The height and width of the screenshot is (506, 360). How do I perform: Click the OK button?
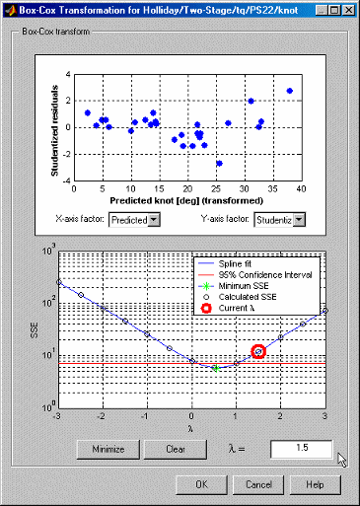point(201,485)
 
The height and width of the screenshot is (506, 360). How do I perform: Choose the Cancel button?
point(258,485)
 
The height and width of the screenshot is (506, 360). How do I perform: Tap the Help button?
point(315,485)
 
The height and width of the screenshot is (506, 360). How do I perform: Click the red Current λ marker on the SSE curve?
point(258,351)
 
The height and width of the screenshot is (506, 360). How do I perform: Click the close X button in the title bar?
point(348,9)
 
